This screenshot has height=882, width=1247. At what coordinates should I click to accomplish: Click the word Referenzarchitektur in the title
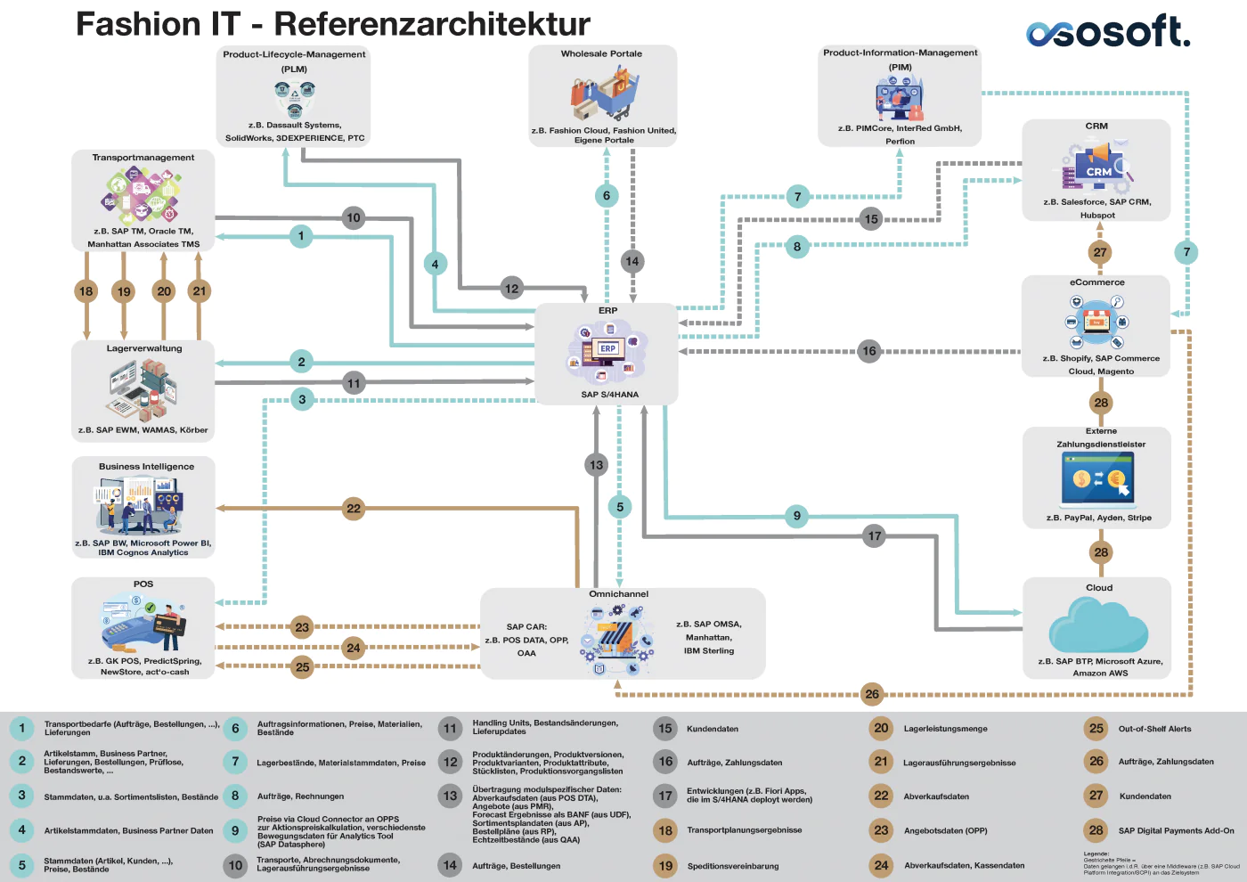point(432,24)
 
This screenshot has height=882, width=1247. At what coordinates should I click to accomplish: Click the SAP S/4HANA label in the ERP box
point(609,395)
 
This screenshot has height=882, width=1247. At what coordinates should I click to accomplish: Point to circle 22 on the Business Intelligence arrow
point(354,509)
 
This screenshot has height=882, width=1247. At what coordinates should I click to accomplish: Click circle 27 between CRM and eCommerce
point(1100,252)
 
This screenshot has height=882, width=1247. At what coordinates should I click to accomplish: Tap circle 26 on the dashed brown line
point(872,694)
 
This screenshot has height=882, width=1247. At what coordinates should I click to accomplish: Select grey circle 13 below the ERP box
point(596,464)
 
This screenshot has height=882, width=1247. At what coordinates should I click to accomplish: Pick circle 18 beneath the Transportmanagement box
point(86,290)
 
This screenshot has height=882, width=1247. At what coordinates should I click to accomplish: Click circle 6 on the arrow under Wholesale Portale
point(607,196)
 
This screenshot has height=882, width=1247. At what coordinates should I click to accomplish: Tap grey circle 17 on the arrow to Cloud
point(874,536)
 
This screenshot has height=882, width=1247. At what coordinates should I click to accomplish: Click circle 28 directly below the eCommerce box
point(1101,403)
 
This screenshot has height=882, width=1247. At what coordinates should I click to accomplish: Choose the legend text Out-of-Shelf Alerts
point(1154,729)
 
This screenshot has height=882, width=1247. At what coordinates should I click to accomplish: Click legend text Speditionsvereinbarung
point(732,866)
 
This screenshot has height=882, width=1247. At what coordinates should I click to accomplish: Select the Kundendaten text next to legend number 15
point(712,729)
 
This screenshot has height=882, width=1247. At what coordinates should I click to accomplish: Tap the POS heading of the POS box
point(143,584)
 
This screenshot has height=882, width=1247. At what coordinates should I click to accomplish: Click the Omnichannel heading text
point(618,594)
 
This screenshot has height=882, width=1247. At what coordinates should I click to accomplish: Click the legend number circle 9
point(235,830)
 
